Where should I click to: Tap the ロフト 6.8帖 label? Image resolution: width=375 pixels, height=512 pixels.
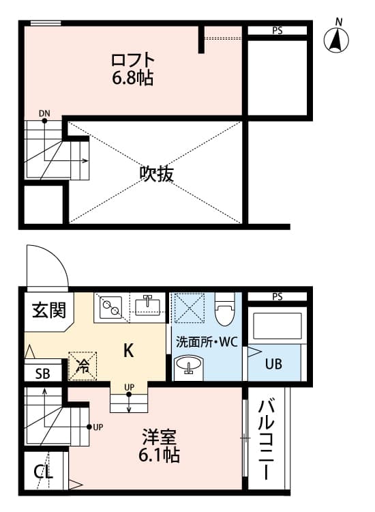[133, 69]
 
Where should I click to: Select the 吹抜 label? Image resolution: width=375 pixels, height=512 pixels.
[157, 173]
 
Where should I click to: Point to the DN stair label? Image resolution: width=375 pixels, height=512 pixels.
[44, 113]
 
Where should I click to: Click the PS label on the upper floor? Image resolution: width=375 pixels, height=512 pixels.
[277, 31]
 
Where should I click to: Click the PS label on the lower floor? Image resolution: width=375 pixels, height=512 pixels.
[277, 296]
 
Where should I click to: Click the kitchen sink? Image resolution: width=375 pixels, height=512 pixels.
[147, 305]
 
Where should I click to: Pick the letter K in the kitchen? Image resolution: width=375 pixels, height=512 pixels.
[128, 351]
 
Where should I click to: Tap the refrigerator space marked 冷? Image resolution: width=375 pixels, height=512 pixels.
[82, 365]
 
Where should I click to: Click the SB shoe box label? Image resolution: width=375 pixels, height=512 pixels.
[42, 373]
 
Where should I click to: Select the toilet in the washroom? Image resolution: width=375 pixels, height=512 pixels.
[224, 311]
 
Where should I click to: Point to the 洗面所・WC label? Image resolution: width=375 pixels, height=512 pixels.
[206, 342]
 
